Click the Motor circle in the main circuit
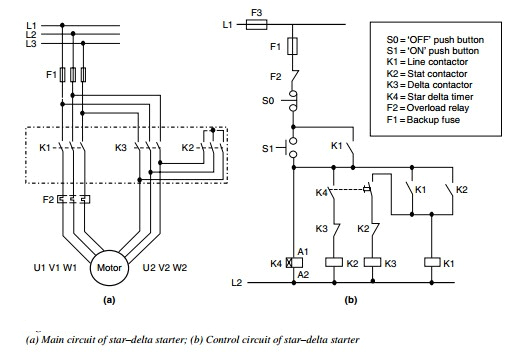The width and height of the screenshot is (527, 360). (x=109, y=268)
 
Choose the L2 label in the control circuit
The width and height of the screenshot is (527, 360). (x=236, y=284)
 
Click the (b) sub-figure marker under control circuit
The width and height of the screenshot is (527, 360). (x=351, y=298)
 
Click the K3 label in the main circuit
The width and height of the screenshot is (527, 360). (x=121, y=147)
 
